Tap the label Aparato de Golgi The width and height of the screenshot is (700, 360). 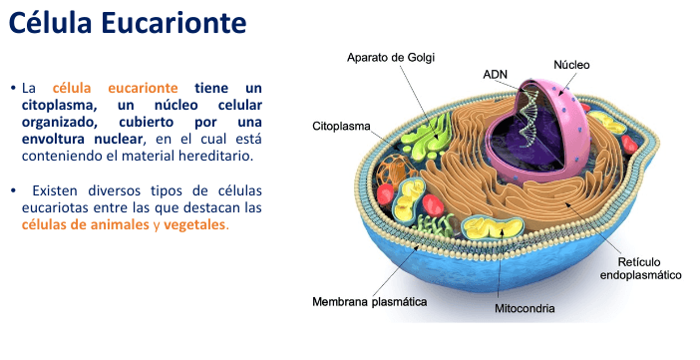391,57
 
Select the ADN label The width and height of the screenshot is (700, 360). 496,74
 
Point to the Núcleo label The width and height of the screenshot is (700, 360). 571,65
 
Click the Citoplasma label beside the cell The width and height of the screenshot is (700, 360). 342,128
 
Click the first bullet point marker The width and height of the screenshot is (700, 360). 14,89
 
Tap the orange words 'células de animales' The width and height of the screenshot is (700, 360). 85,224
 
